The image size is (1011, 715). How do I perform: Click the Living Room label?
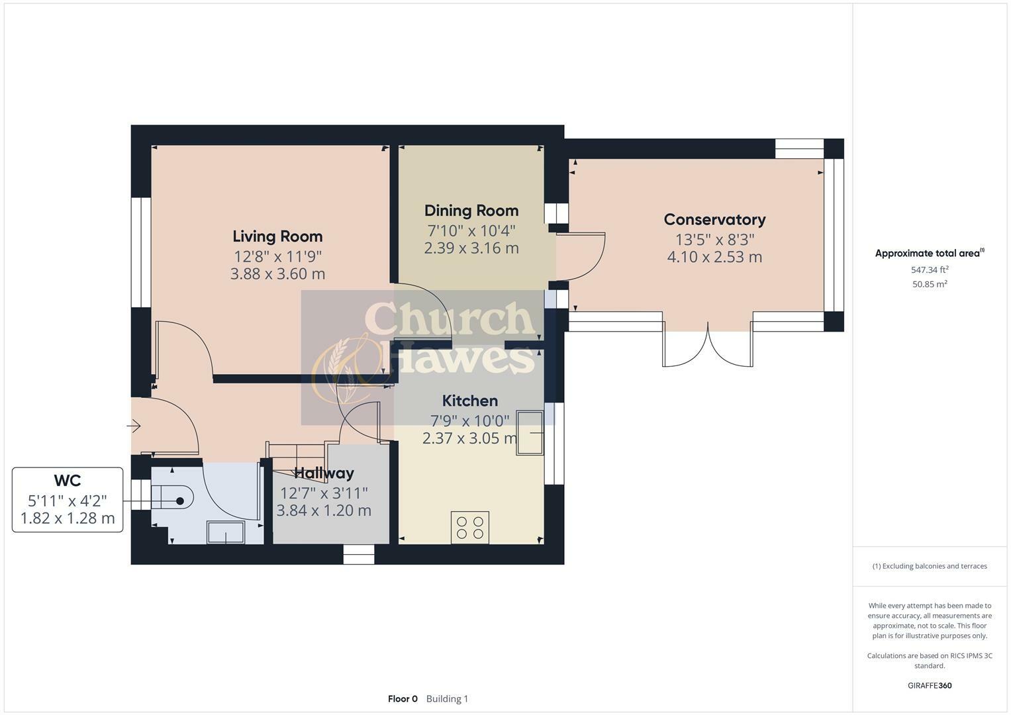[277, 236]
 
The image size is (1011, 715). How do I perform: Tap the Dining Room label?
[471, 211]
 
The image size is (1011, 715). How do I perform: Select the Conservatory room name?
[714, 219]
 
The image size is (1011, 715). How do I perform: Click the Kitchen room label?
[469, 401]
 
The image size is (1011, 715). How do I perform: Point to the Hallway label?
[324, 473]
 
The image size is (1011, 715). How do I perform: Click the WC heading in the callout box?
[68, 481]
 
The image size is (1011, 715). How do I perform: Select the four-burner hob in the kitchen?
[470, 527]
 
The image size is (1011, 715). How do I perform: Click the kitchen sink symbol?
[530, 433]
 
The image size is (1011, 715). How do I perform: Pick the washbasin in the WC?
[226, 532]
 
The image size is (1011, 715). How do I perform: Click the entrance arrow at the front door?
[134, 426]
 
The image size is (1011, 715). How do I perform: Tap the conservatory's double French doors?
[708, 346]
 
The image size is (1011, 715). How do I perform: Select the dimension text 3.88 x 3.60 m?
[277, 274]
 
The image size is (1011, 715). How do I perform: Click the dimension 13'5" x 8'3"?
[714, 239]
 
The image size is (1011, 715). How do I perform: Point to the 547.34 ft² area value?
[930, 269]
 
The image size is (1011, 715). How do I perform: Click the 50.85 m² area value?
[930, 284]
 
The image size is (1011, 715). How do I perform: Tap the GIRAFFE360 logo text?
[930, 685]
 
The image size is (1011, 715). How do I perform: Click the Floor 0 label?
[403, 698]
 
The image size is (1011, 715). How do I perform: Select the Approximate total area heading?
[929, 253]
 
